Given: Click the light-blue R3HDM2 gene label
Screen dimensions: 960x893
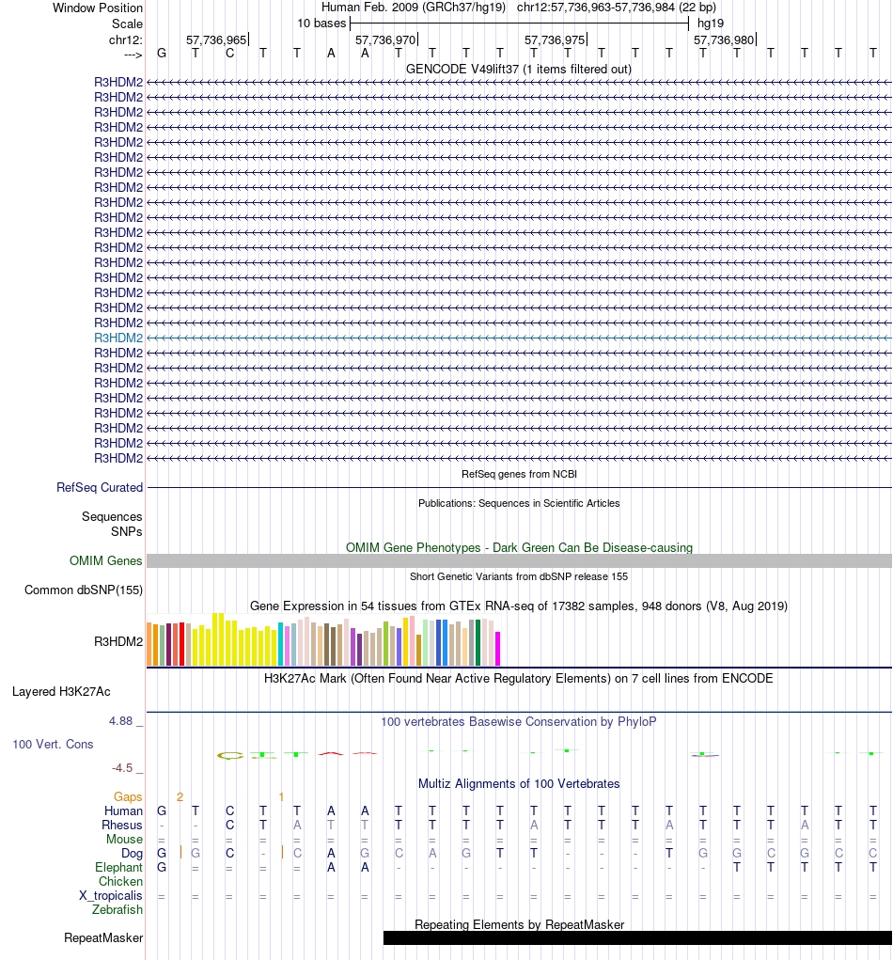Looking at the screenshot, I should [118, 338].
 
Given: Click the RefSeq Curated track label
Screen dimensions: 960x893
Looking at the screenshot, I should [100, 488].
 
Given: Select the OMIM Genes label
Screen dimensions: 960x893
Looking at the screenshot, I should [106, 561].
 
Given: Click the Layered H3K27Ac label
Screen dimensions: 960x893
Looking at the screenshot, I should [61, 692].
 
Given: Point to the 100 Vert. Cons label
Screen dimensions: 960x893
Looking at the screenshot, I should [53, 745].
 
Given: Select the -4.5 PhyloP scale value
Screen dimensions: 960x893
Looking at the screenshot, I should [128, 768].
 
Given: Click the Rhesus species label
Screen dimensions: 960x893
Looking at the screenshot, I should [123, 826].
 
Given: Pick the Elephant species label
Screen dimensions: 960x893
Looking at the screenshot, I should [118, 868].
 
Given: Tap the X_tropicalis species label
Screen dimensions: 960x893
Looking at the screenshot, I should [111, 896].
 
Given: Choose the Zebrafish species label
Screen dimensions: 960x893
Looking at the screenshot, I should [117, 910].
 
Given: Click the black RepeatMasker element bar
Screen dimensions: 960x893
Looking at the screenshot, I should [637, 938].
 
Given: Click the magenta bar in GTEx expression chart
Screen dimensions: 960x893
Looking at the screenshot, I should [498, 649].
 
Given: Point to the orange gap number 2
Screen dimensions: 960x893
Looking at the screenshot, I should [180, 797].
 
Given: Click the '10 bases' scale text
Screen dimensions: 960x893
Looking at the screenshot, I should [321, 23].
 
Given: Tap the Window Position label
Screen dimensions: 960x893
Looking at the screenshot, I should [98, 8].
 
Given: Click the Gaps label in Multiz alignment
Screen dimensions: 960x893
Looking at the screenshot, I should [129, 797].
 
